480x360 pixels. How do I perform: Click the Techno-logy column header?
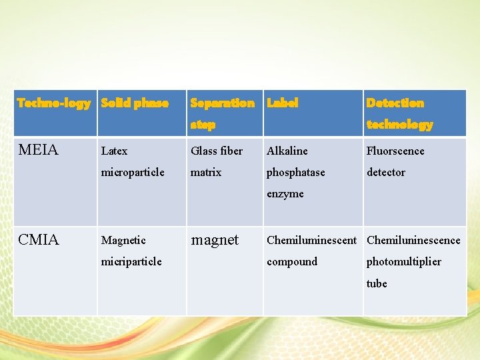(x=53, y=103)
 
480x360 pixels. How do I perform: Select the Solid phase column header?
(x=135, y=103)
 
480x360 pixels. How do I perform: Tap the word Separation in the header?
(x=222, y=103)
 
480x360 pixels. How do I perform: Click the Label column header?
(x=283, y=103)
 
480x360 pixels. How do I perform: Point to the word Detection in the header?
(x=395, y=103)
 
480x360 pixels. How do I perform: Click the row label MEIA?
(x=39, y=150)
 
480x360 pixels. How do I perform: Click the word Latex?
(x=114, y=151)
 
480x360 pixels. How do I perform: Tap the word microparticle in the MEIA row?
(x=132, y=173)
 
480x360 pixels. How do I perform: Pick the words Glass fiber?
(x=217, y=151)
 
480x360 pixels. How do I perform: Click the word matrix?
(x=206, y=173)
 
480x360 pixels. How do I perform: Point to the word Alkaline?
(x=287, y=151)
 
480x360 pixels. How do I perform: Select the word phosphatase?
(x=296, y=173)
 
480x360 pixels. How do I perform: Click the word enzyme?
(x=285, y=194)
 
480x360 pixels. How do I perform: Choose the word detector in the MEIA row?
(x=386, y=173)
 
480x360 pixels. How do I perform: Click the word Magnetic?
(x=123, y=241)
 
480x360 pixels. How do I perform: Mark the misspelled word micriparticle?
(x=131, y=262)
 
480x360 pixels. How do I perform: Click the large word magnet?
(x=214, y=240)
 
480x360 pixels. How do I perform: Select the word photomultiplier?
(x=403, y=262)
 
